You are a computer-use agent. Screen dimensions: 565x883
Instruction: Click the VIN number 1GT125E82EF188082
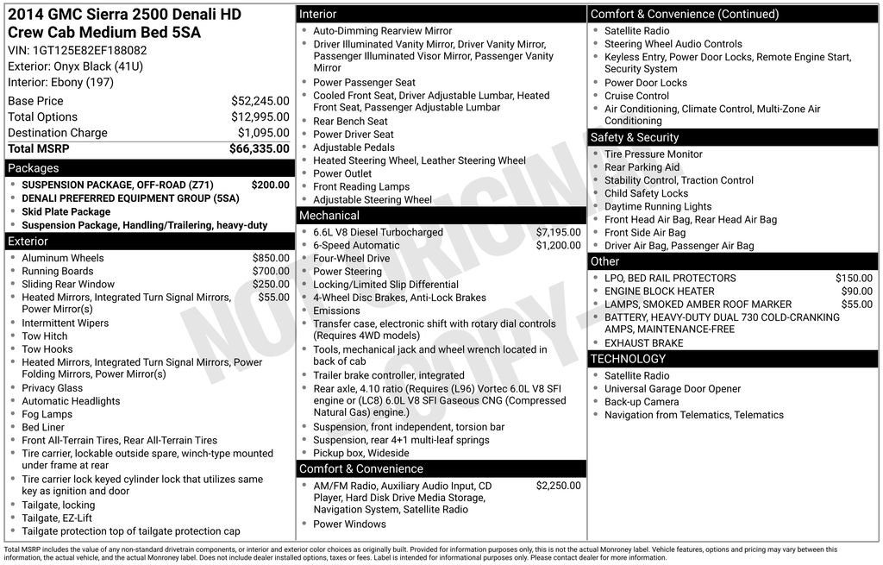point(77,50)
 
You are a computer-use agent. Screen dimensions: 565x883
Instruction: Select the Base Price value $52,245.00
point(260,101)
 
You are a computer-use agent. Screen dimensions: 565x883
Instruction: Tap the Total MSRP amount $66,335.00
point(259,149)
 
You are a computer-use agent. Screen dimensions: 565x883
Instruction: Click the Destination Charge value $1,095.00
point(263,133)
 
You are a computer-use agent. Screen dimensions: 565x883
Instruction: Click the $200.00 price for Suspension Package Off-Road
point(270,185)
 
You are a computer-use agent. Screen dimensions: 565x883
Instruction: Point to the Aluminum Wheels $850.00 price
point(271,258)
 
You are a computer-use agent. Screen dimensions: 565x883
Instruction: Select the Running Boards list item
point(59,271)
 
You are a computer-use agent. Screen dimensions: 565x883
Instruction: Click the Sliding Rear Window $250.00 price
point(271,284)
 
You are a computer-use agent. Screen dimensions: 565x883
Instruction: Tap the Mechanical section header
point(441,216)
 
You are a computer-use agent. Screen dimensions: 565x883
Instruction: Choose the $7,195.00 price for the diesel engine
point(558,232)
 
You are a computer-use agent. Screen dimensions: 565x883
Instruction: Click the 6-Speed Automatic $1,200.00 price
point(558,245)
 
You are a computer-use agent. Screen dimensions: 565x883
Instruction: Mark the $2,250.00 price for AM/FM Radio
point(558,486)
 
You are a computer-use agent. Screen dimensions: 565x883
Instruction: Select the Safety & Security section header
point(732,137)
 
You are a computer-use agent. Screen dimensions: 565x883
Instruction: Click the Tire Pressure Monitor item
point(653,154)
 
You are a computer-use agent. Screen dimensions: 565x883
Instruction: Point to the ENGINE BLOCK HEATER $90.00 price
point(856,292)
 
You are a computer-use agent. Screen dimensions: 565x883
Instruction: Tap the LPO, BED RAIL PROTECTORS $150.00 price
point(854,279)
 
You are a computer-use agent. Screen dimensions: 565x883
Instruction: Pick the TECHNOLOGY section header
point(732,359)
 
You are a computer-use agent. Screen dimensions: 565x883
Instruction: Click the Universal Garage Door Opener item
point(672,389)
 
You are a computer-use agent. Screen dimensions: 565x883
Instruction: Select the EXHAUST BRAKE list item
point(643,343)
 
